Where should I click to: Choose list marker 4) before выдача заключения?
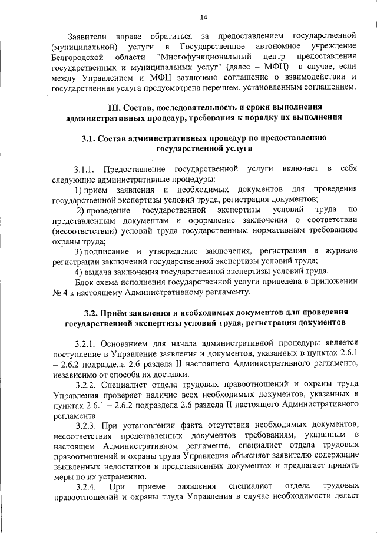click(x=78, y=270)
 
